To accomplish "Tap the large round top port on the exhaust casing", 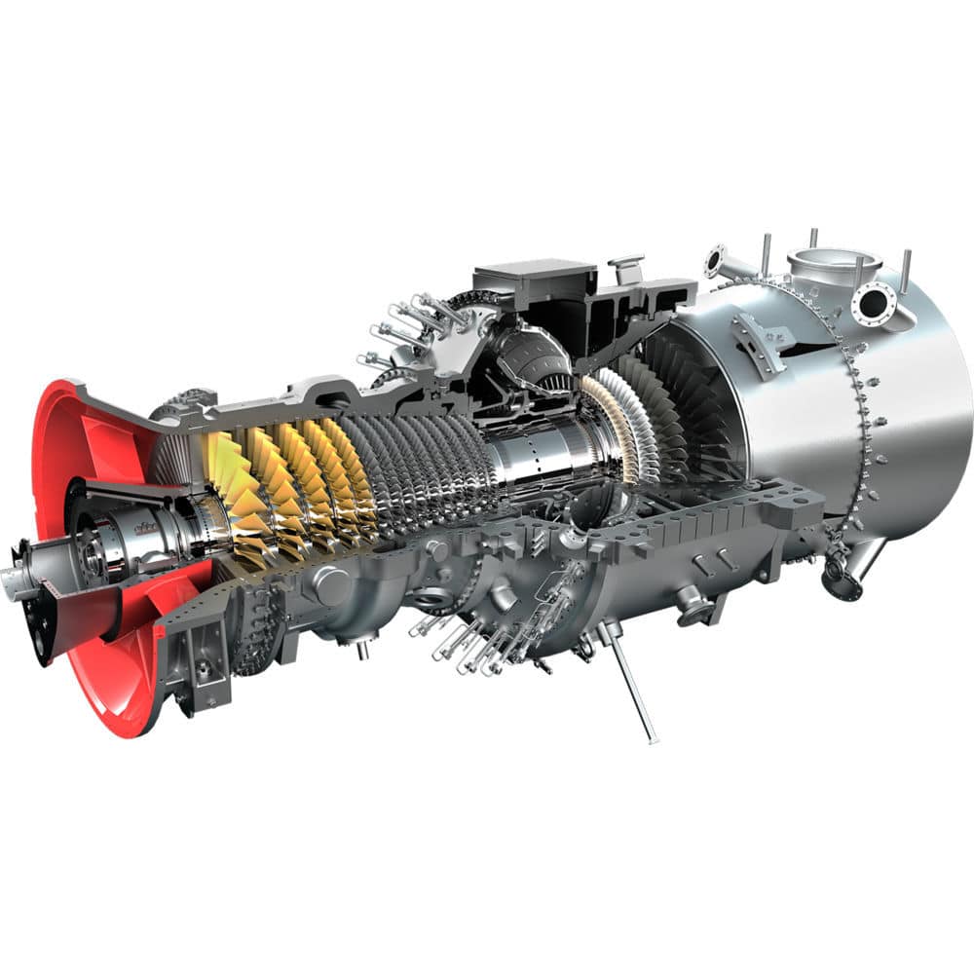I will [x=833, y=262].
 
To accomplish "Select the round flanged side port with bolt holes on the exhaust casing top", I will [x=873, y=301].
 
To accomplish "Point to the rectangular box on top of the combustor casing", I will [x=535, y=278].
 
